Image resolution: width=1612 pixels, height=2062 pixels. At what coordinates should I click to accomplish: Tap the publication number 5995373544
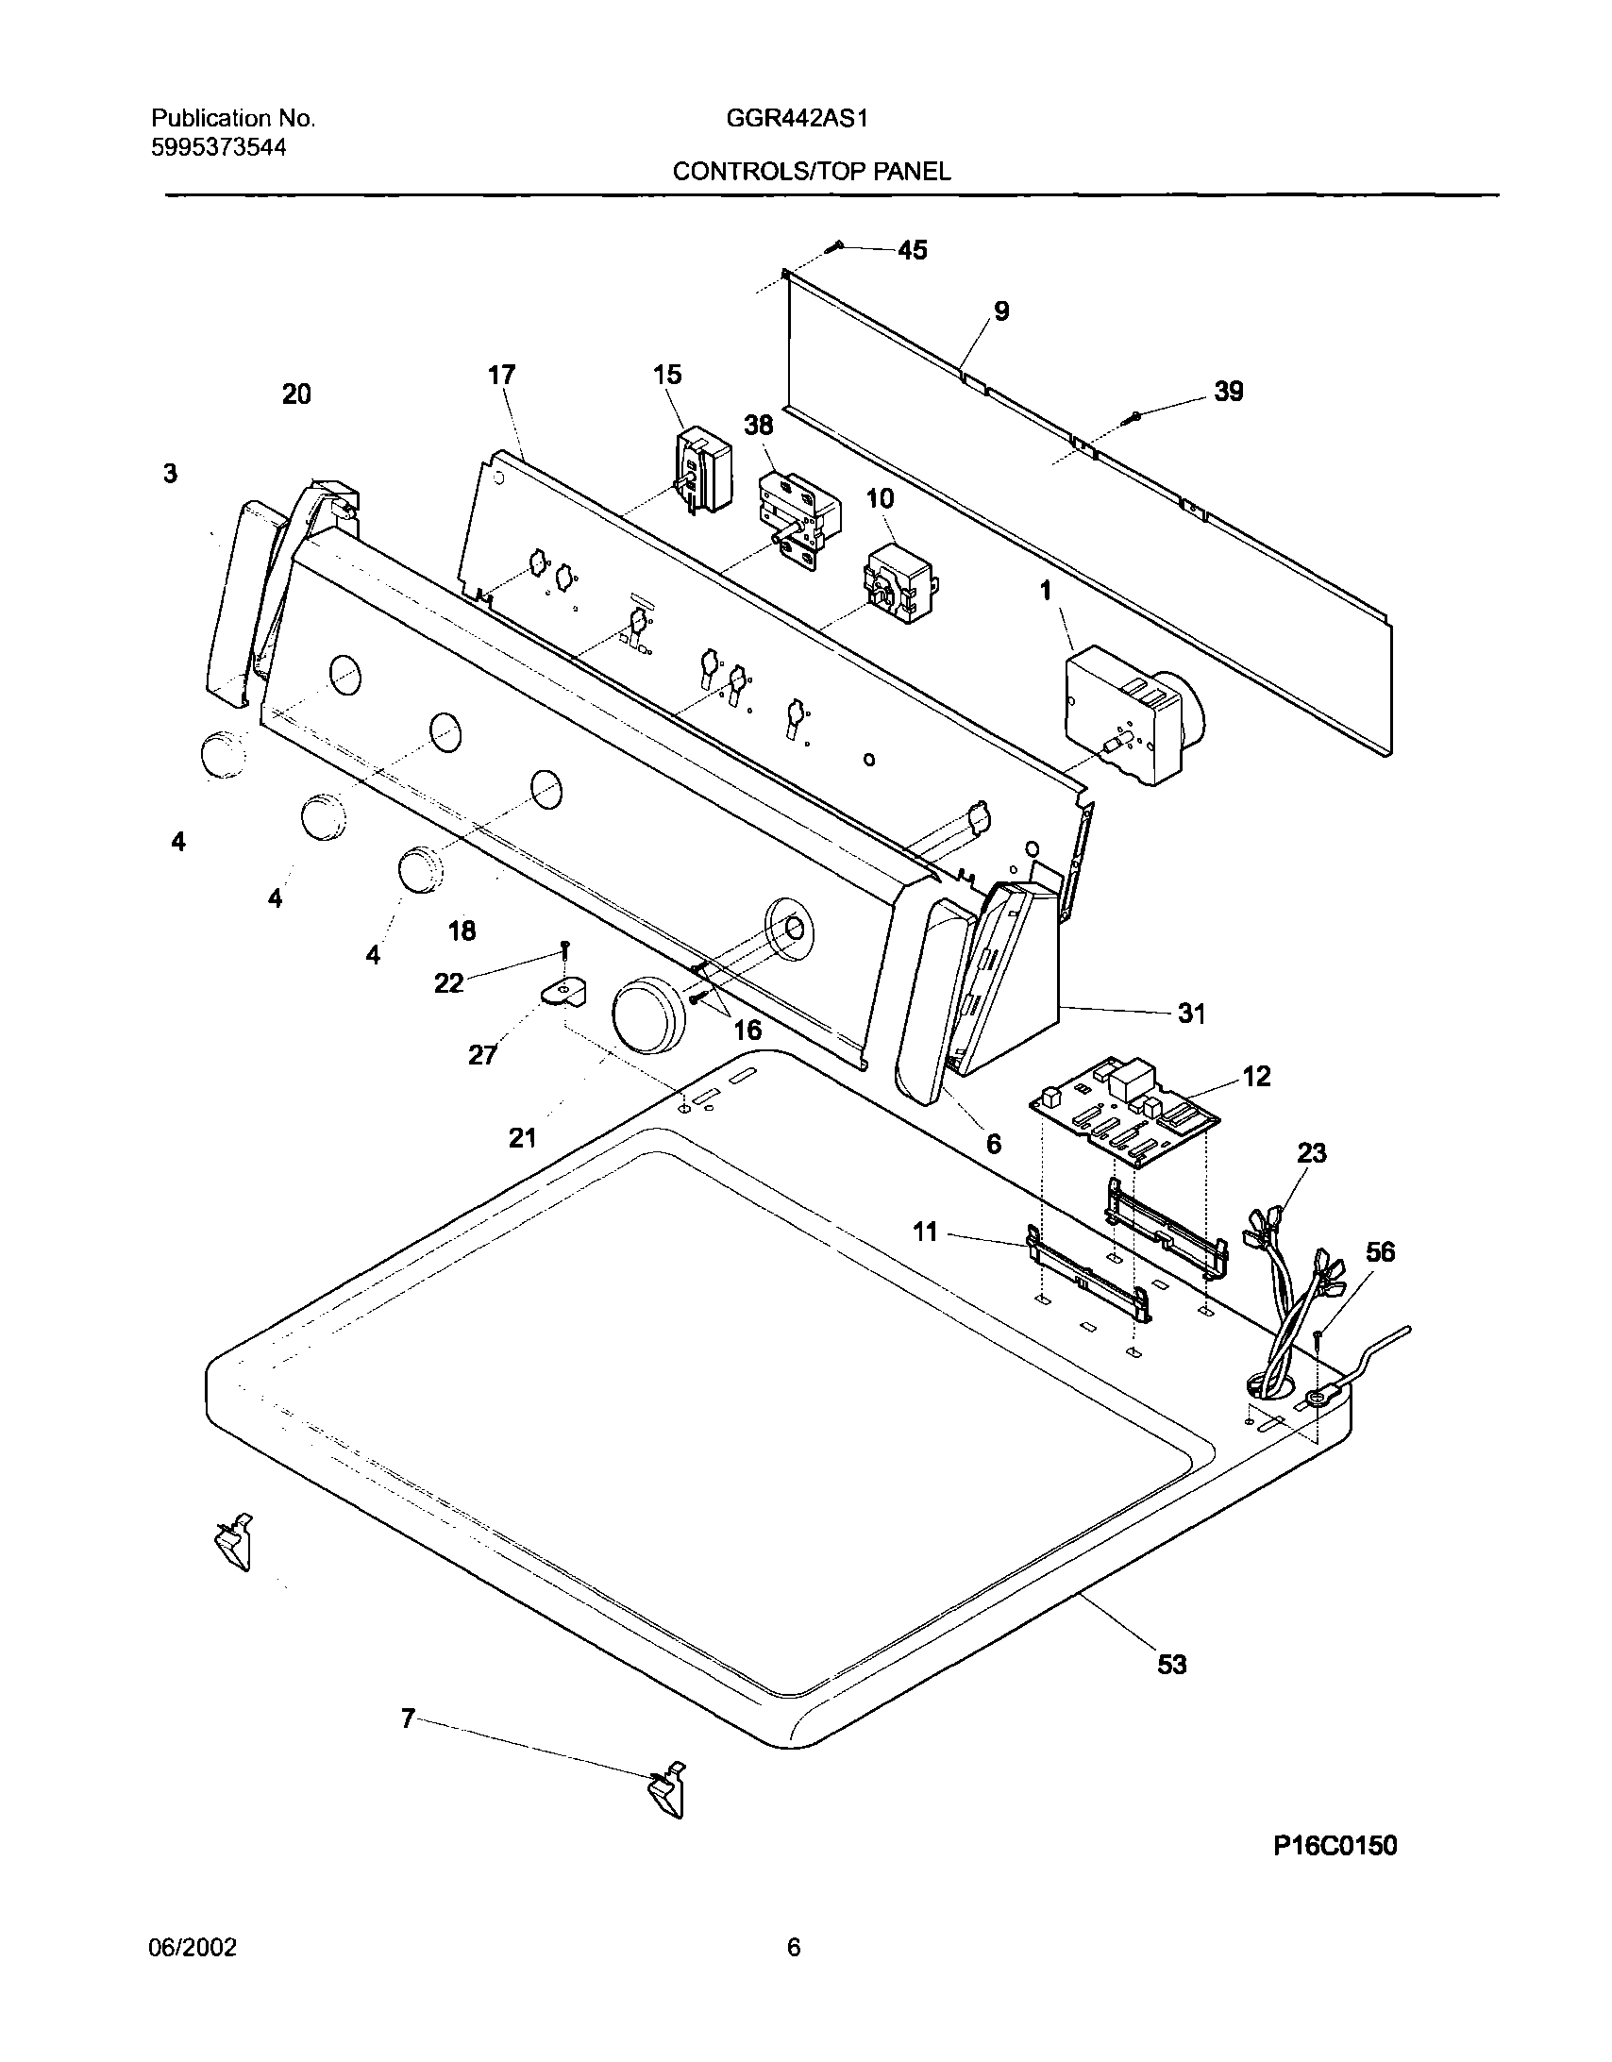[218, 147]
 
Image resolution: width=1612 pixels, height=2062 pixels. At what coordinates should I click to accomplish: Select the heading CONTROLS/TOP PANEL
[811, 172]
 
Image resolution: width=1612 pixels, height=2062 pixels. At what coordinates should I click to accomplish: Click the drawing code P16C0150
[1335, 1846]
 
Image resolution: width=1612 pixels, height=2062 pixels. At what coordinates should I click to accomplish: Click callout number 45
[912, 250]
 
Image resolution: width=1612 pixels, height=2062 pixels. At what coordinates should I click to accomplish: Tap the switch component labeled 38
[798, 520]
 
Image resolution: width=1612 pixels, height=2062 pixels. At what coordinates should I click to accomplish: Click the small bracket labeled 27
[563, 991]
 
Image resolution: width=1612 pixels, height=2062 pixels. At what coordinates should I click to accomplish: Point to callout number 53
[1171, 1664]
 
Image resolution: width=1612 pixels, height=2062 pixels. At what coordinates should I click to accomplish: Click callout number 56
[1380, 1252]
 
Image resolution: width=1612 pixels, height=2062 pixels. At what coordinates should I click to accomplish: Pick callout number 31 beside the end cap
[1191, 1014]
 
